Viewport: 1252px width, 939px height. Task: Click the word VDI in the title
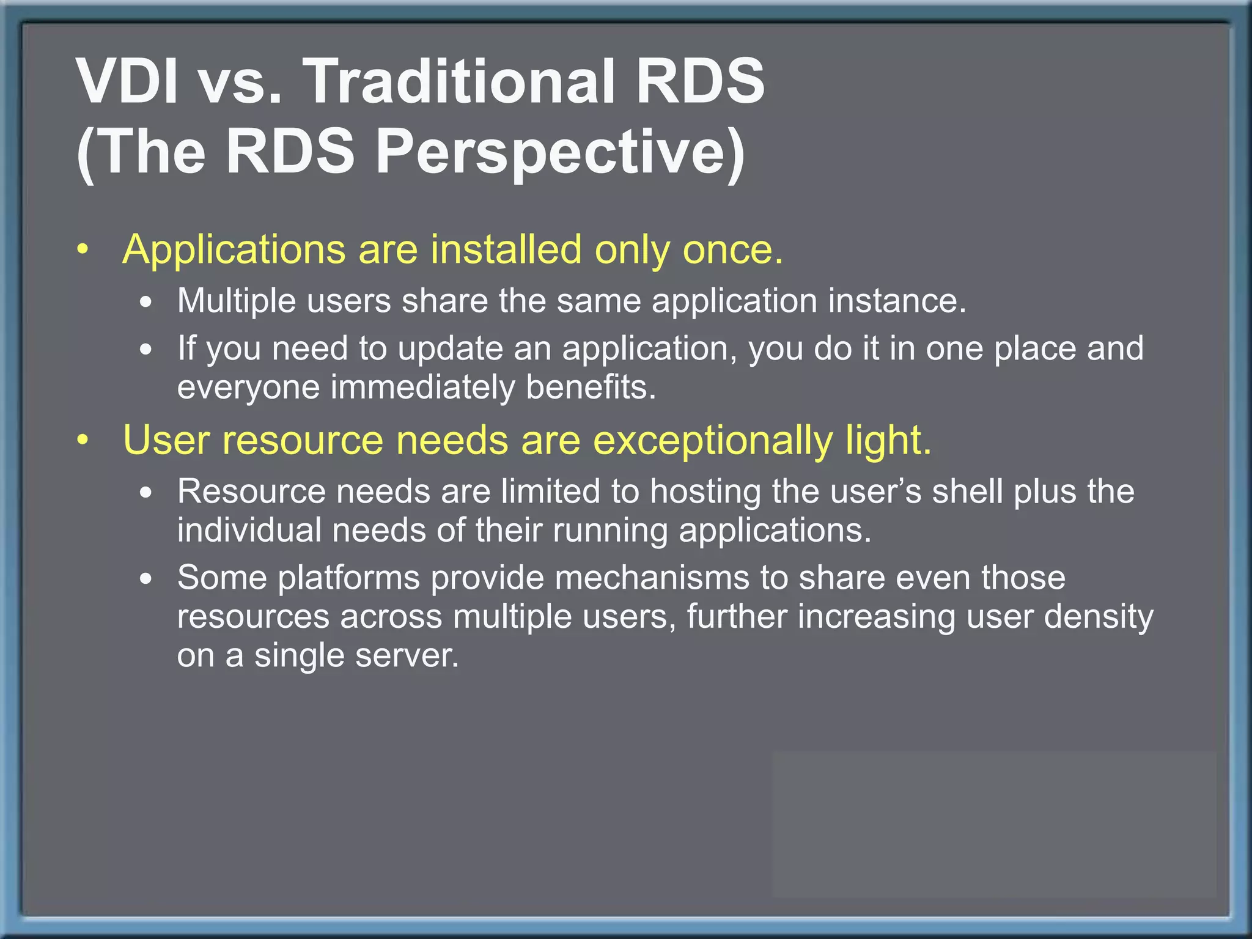[x=127, y=81]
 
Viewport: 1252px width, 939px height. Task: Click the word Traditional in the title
[x=460, y=81]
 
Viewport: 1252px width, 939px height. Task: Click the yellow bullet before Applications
[x=84, y=250]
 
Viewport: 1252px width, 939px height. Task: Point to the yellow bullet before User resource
[x=84, y=440]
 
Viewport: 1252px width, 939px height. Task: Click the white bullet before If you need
[x=145, y=350]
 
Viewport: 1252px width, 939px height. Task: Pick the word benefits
[x=591, y=388]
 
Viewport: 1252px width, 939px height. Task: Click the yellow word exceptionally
[x=713, y=440]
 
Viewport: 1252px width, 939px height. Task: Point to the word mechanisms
[x=652, y=578]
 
